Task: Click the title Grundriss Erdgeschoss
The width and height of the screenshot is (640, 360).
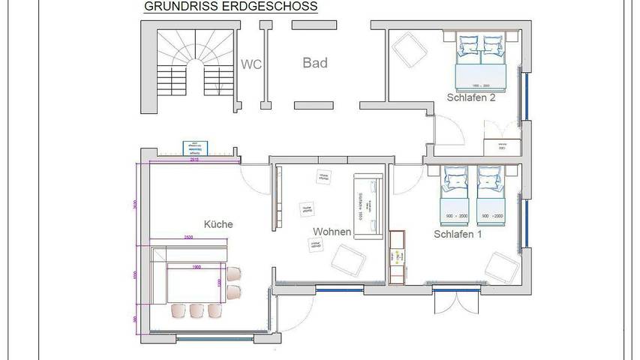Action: [x=230, y=7]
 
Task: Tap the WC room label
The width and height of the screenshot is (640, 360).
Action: [x=251, y=64]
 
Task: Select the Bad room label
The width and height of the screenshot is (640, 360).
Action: [x=315, y=63]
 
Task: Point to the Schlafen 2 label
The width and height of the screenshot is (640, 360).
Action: [x=471, y=97]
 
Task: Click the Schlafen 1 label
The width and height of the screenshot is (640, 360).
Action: [x=458, y=234]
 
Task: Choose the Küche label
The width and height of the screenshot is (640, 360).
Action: [x=218, y=223]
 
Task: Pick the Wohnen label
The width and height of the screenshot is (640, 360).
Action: [x=332, y=232]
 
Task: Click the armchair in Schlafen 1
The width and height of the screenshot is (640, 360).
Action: [x=500, y=266]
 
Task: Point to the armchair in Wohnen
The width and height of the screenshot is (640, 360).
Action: [x=347, y=262]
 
